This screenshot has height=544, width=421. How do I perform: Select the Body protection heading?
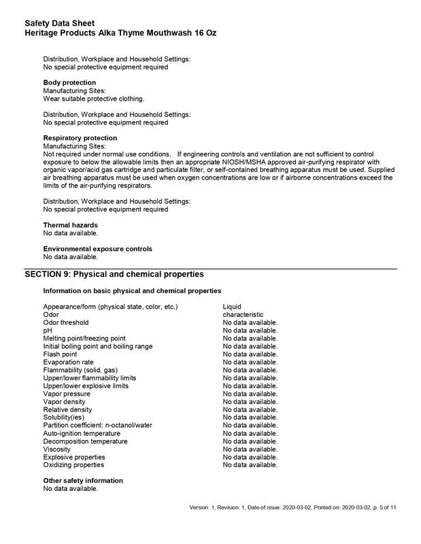[x=69, y=83]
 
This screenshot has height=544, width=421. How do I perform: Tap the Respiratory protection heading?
[x=80, y=138]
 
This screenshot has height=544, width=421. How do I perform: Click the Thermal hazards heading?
[x=71, y=225]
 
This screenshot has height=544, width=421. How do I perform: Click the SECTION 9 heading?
[x=114, y=274]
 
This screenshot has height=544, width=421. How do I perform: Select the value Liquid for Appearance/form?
[x=232, y=307]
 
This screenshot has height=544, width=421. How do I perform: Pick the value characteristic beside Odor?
[x=243, y=315]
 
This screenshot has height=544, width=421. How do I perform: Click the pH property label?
[x=48, y=330]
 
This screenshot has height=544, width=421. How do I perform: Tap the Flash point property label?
[x=60, y=354]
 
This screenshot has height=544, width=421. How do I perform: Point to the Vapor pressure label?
[x=67, y=394]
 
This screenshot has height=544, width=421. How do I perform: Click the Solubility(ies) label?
[x=64, y=418]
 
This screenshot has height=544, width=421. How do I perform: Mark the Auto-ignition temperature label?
[x=82, y=433]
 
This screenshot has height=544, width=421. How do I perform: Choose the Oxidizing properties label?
[x=73, y=465]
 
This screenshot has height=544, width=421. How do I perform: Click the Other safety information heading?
[x=83, y=481]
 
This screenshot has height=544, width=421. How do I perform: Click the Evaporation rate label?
[x=69, y=362]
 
